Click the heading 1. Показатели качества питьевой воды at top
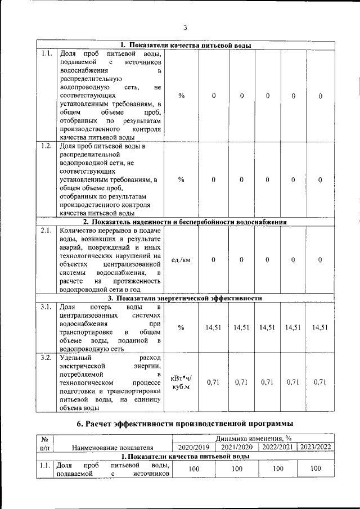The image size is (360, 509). [x=186, y=46]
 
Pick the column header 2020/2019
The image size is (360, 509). [x=193, y=447]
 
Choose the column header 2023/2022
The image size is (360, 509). [x=316, y=447]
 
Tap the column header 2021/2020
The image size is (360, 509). [x=237, y=447]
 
